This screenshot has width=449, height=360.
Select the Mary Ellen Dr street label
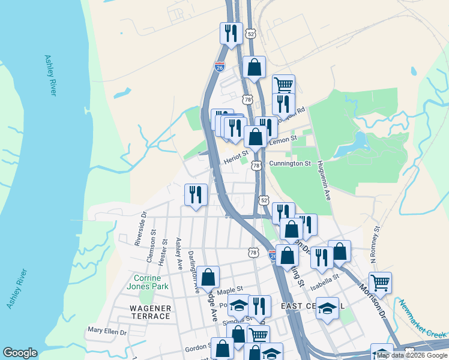pyautogui.click(x=107, y=331)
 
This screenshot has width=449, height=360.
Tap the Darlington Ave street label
pyautogui.click(x=193, y=272)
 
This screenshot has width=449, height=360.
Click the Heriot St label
pyautogui.click(x=235, y=158)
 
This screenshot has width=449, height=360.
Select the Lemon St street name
pyautogui.click(x=283, y=140)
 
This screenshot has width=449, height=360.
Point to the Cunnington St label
pyautogui.click(x=290, y=163)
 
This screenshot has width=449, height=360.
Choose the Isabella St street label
pyautogui.click(x=325, y=277)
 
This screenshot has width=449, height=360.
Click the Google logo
pyautogui.click(x=20, y=353)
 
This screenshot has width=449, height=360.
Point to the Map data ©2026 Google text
pyautogui.click(x=412, y=356)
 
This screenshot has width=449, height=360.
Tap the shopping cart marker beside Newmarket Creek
pyautogui.click(x=380, y=283)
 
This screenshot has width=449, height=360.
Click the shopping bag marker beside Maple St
pyautogui.click(x=209, y=277)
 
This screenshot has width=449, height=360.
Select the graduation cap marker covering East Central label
pyautogui.click(x=327, y=308)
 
